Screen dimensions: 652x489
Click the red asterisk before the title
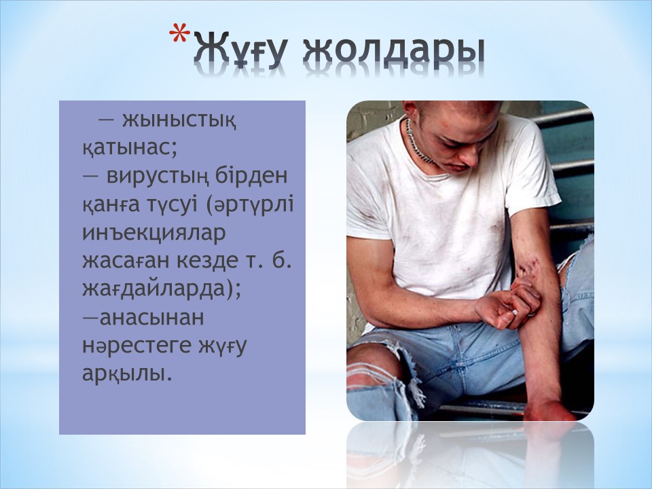pos(179,33)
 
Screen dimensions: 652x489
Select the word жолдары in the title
pos(394,52)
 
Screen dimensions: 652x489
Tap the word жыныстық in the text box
pos(179,121)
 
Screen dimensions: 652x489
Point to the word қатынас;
pos(130,148)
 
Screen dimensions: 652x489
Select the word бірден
pos(251,175)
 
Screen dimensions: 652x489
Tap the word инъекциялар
pos(154,234)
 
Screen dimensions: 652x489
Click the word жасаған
pos(126,261)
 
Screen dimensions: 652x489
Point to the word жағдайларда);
pos(162,289)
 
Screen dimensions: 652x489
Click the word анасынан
pos(151,318)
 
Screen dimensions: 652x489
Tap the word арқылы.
pos(126,374)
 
